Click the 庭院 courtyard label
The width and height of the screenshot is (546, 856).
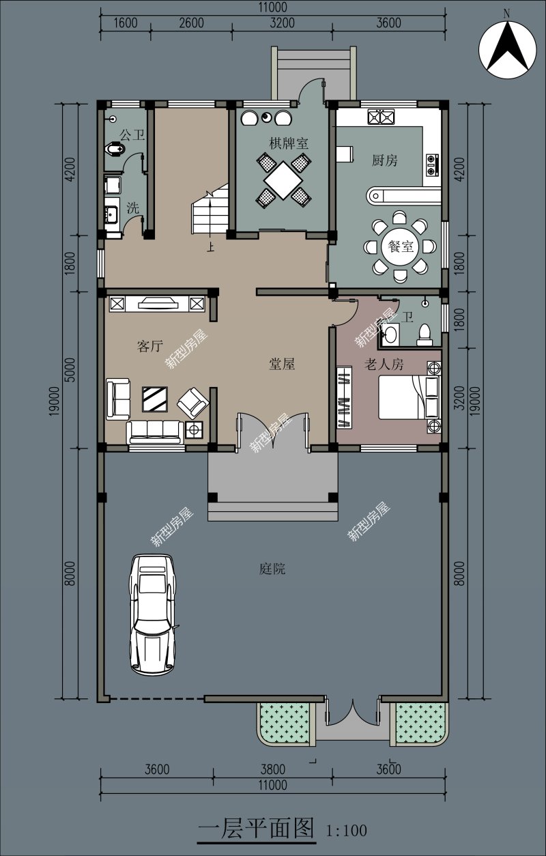pos(272,569)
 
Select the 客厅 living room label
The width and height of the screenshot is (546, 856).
pos(150,346)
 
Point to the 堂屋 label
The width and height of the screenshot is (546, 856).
pos(281,365)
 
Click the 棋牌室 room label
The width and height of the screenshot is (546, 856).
pos(288,144)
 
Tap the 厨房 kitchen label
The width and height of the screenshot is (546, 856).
pos(385,160)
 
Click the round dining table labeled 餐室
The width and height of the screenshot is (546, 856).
pos(401,246)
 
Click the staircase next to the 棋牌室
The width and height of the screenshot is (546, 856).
pos(210,212)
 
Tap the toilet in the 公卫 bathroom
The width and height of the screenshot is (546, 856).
pos(113,149)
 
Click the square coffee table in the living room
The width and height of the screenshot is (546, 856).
pos(155,399)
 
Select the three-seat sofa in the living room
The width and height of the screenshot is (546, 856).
pos(155,430)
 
